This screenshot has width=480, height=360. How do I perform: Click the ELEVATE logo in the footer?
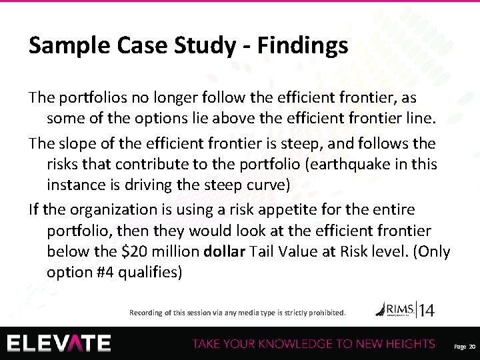pyautogui.click(x=59, y=343)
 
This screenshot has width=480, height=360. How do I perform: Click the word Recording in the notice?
pyautogui.click(x=146, y=312)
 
